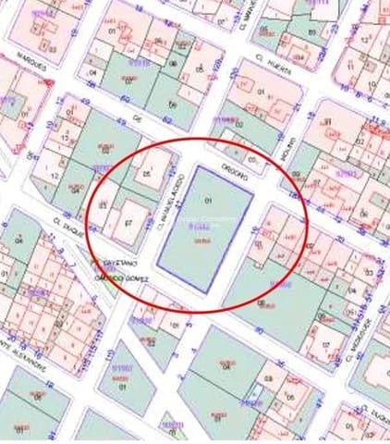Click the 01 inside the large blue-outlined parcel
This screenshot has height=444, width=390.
pos(207,201)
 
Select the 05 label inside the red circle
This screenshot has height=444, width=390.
pos(146,173)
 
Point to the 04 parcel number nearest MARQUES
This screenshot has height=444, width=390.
pos(91,73)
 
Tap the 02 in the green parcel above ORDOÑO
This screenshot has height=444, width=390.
pos(239,120)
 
